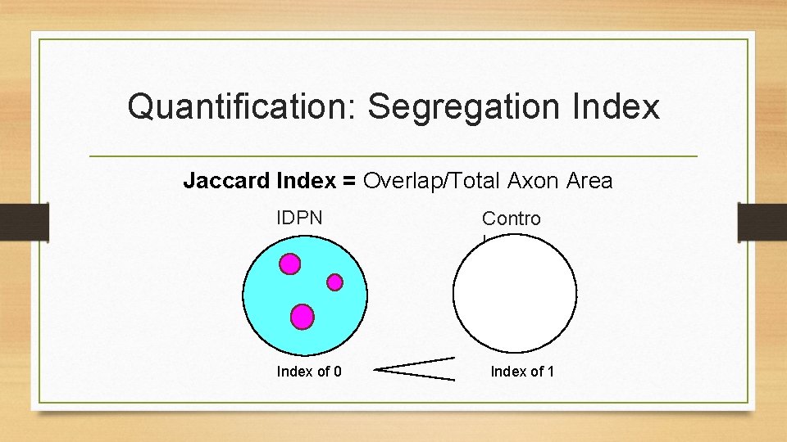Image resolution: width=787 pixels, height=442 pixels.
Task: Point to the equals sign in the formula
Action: click(349, 181)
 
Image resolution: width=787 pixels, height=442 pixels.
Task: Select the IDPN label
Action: click(300, 219)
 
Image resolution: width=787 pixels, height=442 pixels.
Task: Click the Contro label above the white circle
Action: click(511, 219)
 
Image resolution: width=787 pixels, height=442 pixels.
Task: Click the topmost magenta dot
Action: click(289, 264)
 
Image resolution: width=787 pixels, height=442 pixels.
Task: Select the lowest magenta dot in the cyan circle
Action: click(303, 316)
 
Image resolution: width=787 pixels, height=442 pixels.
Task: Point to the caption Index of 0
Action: click(309, 372)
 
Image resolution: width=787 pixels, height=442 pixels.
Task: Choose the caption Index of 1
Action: click(522, 372)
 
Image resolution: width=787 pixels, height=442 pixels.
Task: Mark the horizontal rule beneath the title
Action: click(393, 156)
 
